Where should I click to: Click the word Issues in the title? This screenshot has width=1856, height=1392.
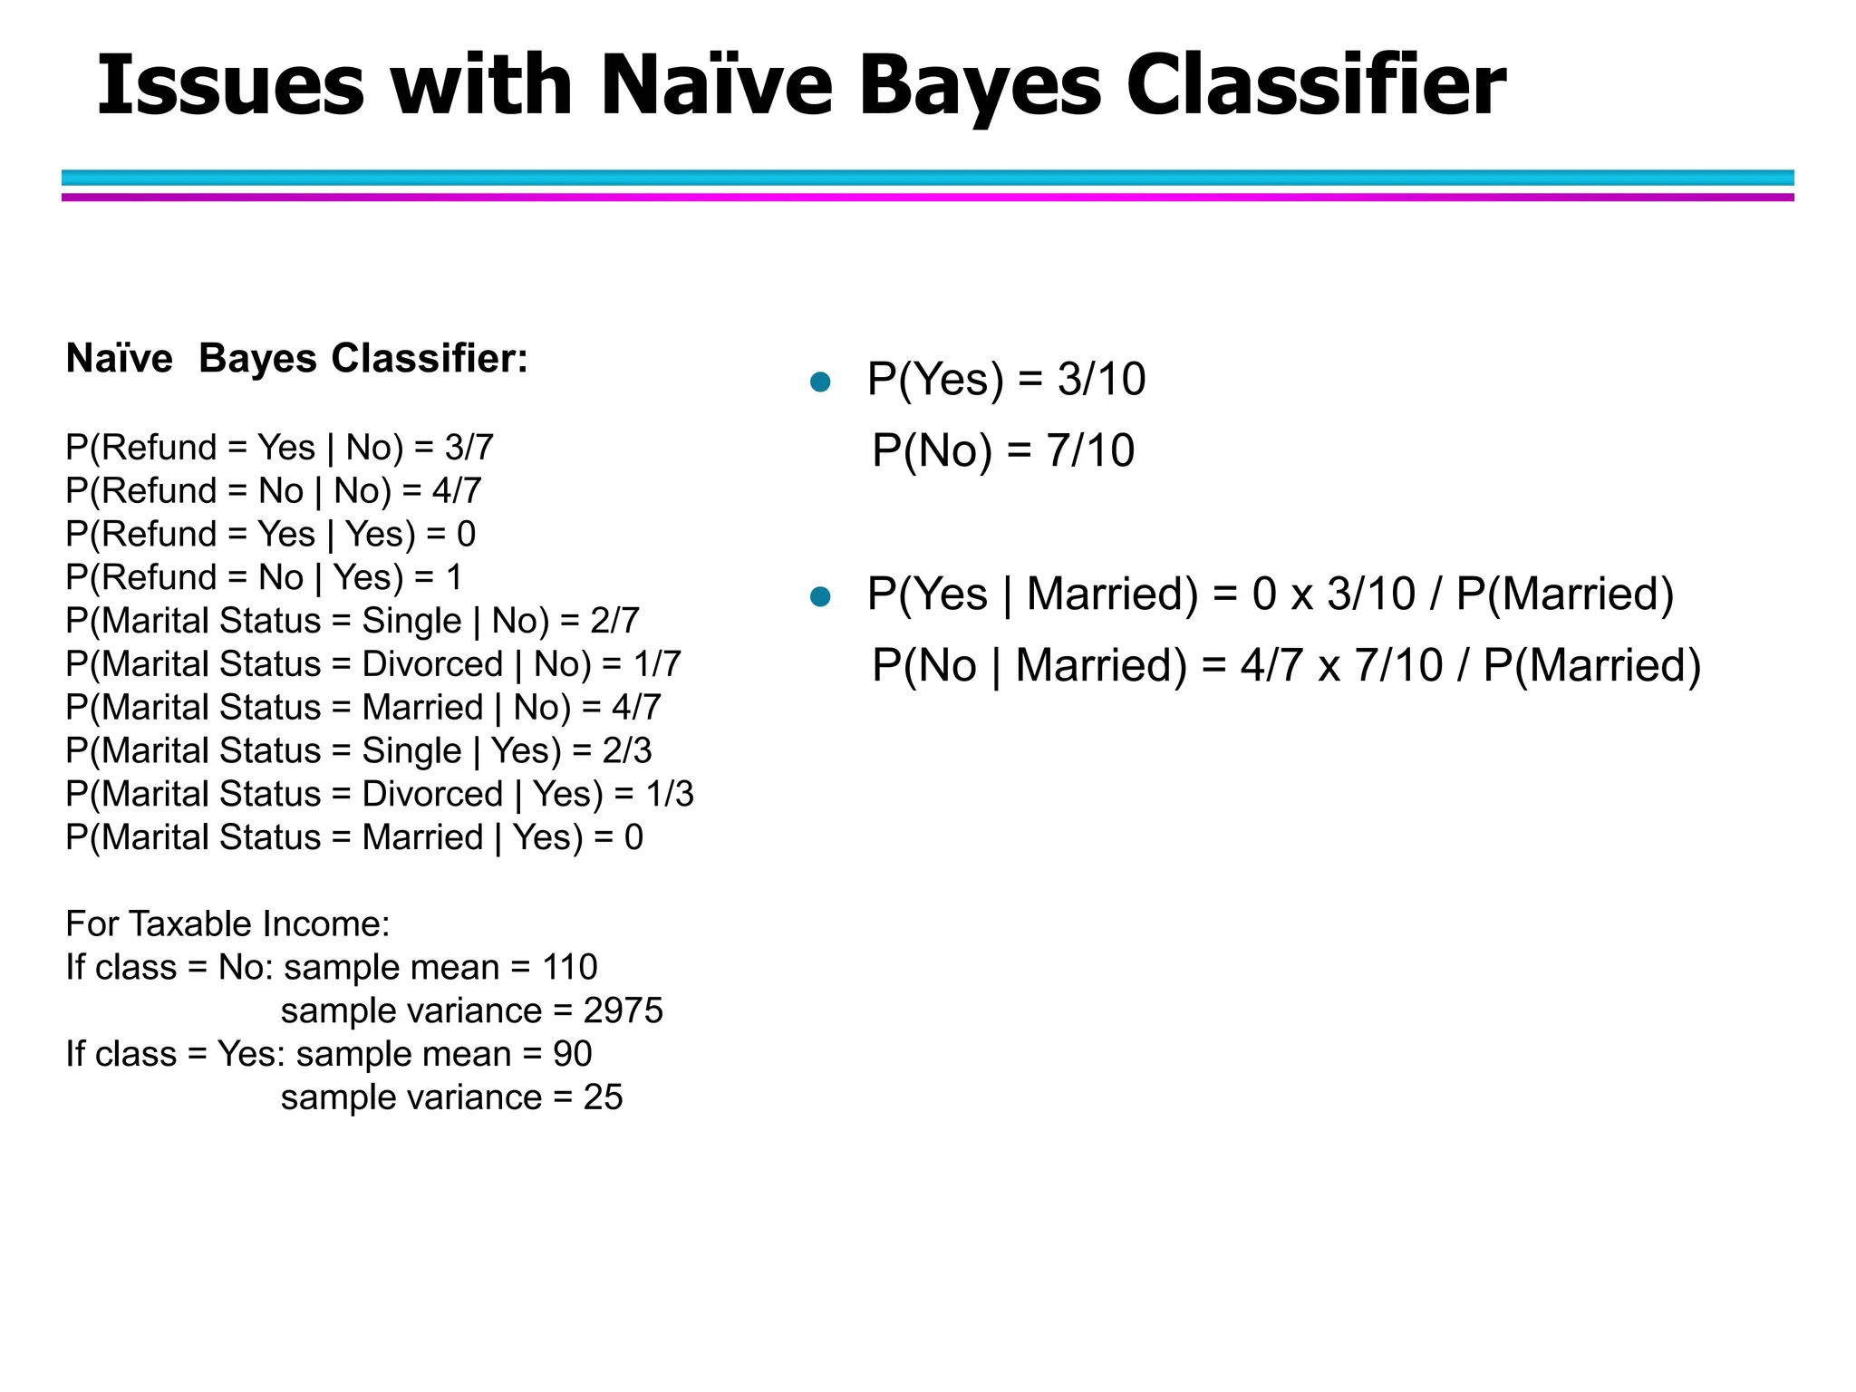[x=230, y=85]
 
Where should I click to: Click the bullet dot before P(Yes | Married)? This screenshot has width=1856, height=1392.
[x=821, y=596]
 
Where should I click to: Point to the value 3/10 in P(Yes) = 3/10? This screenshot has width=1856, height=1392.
[x=1101, y=379]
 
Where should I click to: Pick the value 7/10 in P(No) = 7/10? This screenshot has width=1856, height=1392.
[x=1090, y=450]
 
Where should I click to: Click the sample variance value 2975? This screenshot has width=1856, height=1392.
[x=623, y=1010]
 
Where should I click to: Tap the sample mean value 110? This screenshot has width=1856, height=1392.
[x=570, y=967]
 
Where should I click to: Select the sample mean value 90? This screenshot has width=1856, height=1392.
[x=573, y=1054]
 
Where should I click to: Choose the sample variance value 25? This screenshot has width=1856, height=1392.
[x=604, y=1097]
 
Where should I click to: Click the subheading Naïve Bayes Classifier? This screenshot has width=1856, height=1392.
[x=297, y=359]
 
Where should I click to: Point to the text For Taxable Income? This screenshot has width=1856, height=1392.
[x=227, y=923]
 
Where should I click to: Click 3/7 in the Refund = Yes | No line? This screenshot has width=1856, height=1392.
[x=469, y=448]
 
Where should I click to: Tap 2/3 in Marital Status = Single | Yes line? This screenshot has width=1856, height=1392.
[x=627, y=750]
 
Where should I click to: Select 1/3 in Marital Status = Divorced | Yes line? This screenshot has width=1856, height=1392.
[x=670, y=794]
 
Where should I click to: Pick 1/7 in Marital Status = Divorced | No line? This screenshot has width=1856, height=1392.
[x=657, y=664]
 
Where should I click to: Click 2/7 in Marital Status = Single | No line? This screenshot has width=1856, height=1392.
[x=615, y=621]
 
